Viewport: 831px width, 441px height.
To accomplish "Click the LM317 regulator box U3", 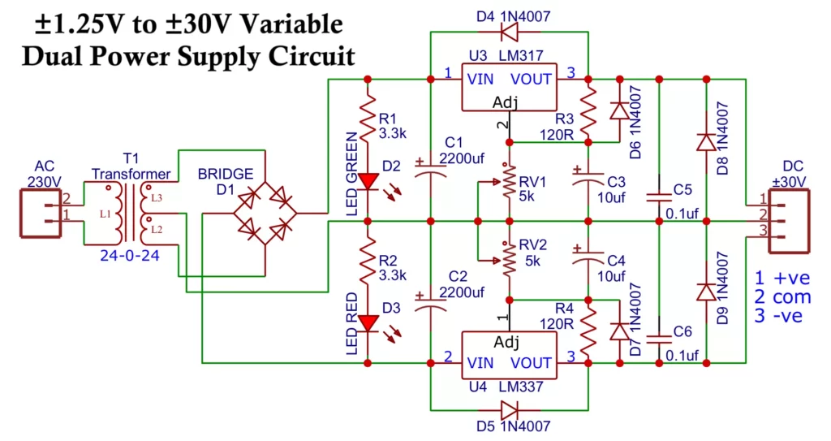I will [508, 88].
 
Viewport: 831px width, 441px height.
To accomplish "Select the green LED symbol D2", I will [368, 181].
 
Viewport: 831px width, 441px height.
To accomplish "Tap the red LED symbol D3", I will [368, 323].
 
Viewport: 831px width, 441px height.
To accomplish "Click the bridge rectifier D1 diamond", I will [265, 214].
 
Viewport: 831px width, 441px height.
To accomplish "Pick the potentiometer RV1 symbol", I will [509, 182].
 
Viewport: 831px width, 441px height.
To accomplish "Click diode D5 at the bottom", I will [509, 409].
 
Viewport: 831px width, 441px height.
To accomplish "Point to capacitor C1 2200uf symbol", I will [430, 166].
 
